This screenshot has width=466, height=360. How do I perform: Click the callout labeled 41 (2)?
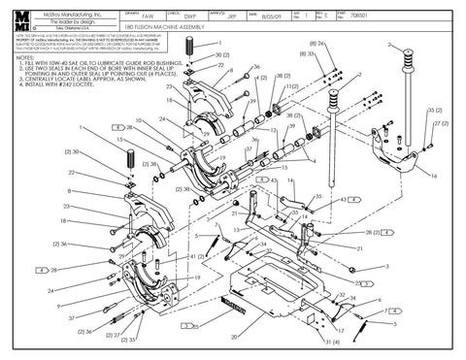coord(192,254)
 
